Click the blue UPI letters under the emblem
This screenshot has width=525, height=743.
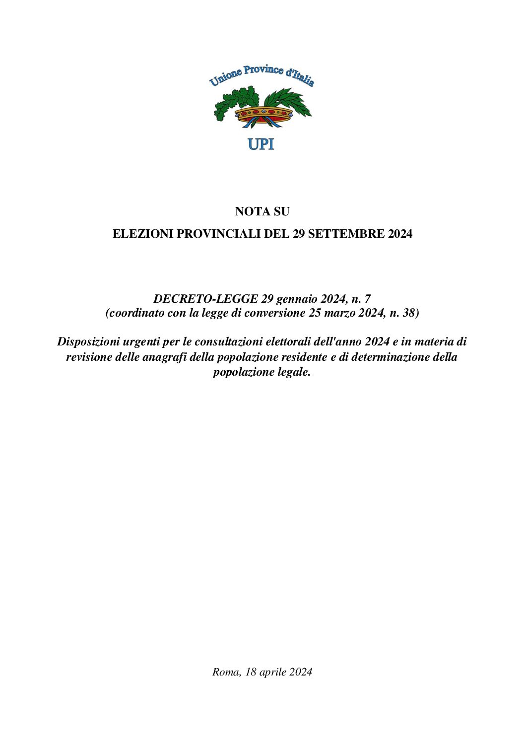[261, 144]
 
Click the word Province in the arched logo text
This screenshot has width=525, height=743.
[263, 70]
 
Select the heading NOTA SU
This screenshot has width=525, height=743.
[262, 211]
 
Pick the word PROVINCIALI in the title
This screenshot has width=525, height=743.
[219, 234]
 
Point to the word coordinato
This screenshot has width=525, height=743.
[135, 313]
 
